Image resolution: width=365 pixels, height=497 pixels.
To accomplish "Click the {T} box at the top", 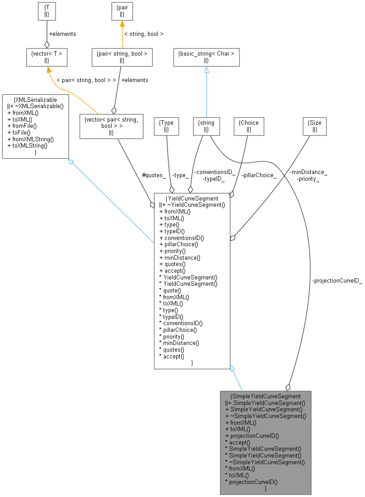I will click(47, 12).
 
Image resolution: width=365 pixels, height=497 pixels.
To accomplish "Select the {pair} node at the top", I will click(122, 12).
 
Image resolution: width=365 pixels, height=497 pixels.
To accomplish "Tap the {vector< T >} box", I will click(47, 57).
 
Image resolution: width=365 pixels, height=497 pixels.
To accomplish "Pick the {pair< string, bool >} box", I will click(122, 57).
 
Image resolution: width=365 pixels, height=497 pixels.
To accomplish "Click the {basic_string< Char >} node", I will click(206, 57).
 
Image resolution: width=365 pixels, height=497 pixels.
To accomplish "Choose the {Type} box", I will click(166, 126).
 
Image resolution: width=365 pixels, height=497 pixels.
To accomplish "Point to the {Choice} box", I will click(249, 126).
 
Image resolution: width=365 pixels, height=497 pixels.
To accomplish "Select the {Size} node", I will click(315, 126).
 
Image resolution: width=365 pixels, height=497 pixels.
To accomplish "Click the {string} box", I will click(206, 126).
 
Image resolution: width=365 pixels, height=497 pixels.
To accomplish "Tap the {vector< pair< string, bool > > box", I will click(111, 126).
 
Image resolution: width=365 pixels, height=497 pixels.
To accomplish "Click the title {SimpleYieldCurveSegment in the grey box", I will click(265, 396).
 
